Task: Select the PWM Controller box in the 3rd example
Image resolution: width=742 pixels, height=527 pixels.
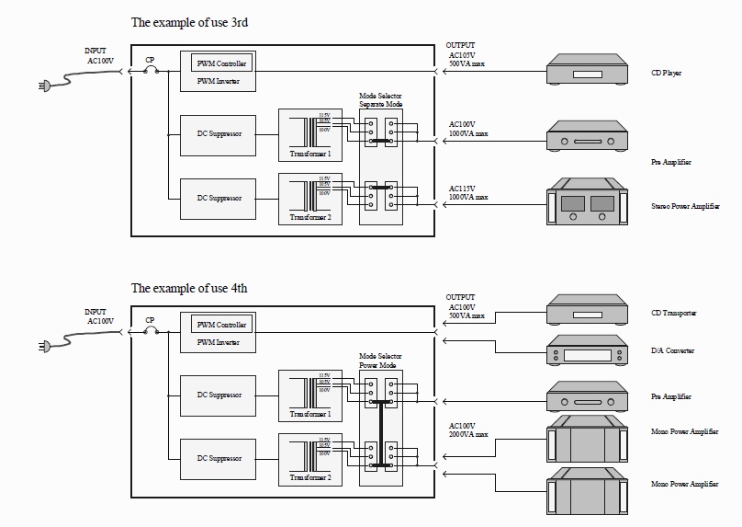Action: [x=221, y=63]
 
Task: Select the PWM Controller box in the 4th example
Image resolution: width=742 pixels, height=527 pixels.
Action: [x=221, y=325]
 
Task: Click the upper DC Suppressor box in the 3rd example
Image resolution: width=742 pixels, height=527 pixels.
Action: [x=219, y=134]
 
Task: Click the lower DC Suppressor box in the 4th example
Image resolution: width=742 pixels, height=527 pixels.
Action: [x=219, y=458]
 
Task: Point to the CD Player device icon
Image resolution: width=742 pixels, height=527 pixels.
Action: [x=586, y=71]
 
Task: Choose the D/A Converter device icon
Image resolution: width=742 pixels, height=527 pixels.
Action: [x=586, y=350]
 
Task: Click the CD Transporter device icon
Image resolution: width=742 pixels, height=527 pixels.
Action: [x=586, y=311]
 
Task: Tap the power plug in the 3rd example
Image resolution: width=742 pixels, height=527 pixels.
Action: [x=42, y=87]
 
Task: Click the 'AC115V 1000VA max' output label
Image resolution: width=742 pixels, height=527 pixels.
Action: [x=468, y=191]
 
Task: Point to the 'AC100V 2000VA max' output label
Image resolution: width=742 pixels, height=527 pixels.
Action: [x=468, y=430]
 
